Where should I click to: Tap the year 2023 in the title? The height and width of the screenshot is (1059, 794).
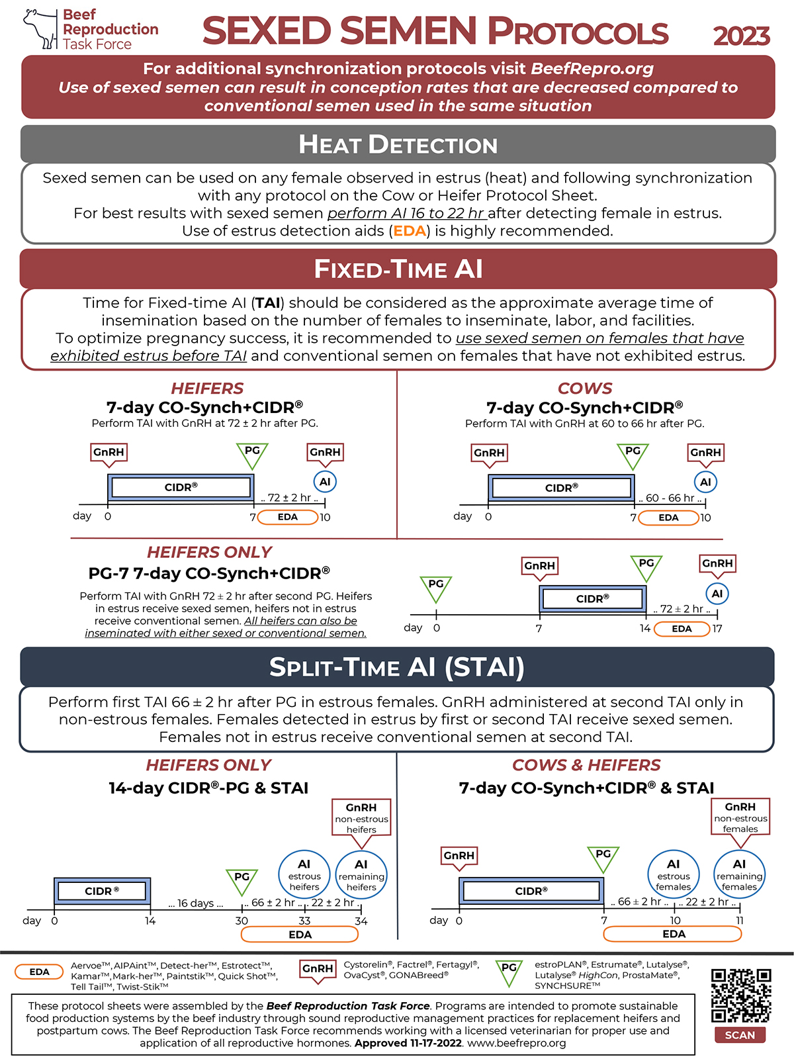(x=741, y=36)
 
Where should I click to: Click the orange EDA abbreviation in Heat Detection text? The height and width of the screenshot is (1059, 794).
(x=410, y=231)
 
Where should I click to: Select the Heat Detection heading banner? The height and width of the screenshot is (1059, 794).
(x=398, y=144)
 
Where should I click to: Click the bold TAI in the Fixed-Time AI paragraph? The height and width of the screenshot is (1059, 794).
(x=267, y=303)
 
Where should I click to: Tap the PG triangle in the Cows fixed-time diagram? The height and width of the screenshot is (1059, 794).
(x=633, y=456)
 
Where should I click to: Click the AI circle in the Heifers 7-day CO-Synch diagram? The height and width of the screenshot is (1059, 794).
(x=325, y=481)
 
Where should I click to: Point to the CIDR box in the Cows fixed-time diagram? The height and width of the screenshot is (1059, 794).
(x=561, y=488)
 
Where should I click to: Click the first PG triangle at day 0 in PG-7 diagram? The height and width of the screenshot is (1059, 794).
(x=435, y=588)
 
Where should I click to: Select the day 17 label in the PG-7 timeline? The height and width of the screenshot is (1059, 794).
(x=717, y=629)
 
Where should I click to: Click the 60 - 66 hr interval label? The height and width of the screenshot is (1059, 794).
(x=670, y=498)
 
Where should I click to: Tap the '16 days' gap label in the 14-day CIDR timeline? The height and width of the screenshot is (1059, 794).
(x=195, y=903)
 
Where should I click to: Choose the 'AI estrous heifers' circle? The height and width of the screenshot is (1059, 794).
(x=304, y=875)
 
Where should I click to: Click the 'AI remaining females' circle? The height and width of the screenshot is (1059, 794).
(x=739, y=874)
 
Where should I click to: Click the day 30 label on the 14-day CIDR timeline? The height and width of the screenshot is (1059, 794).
(x=242, y=921)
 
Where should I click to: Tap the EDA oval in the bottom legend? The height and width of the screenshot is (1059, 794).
(x=39, y=972)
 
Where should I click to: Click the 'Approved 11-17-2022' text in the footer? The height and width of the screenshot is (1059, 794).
(x=408, y=1043)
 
